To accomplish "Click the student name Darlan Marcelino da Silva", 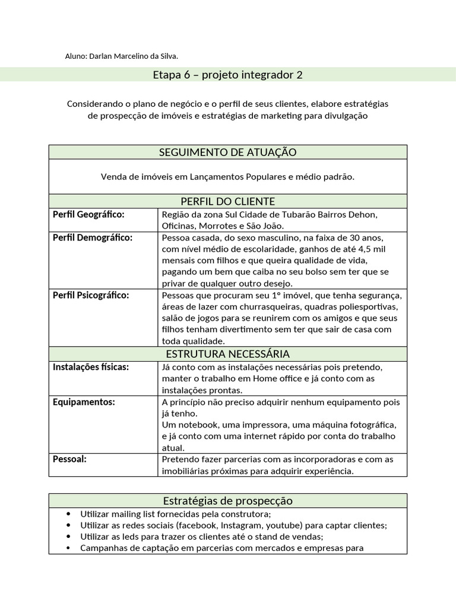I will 133,56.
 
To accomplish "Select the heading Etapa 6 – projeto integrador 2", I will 227,75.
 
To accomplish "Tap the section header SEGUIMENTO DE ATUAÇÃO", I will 227,152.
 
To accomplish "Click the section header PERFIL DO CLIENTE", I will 227,201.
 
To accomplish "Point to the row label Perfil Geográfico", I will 88,214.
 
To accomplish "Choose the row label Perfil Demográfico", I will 92,237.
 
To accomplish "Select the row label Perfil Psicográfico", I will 90,295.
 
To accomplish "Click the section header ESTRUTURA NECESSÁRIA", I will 227,354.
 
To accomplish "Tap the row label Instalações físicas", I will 90,368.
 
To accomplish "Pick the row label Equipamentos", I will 84,402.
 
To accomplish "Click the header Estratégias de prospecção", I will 227,501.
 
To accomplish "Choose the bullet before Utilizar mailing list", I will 70,514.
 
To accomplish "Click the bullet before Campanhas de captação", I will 70,548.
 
